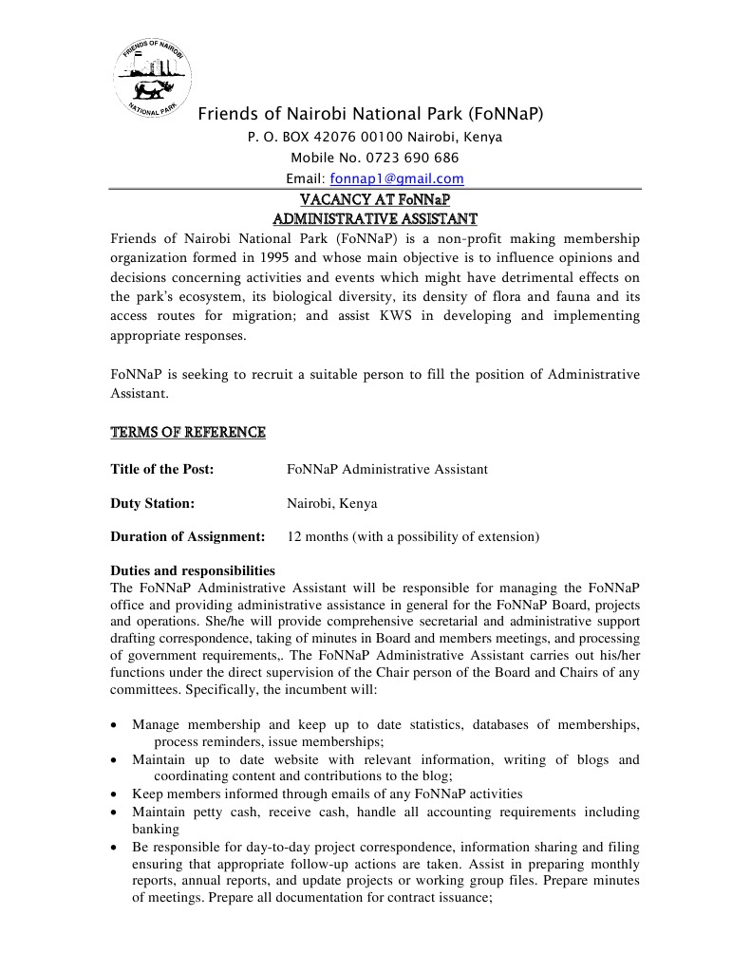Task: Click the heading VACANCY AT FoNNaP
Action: (x=374, y=200)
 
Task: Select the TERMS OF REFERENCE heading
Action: (x=188, y=433)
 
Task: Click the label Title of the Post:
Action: (x=162, y=469)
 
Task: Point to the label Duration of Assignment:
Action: (x=188, y=536)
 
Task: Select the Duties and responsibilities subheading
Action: (x=193, y=571)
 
